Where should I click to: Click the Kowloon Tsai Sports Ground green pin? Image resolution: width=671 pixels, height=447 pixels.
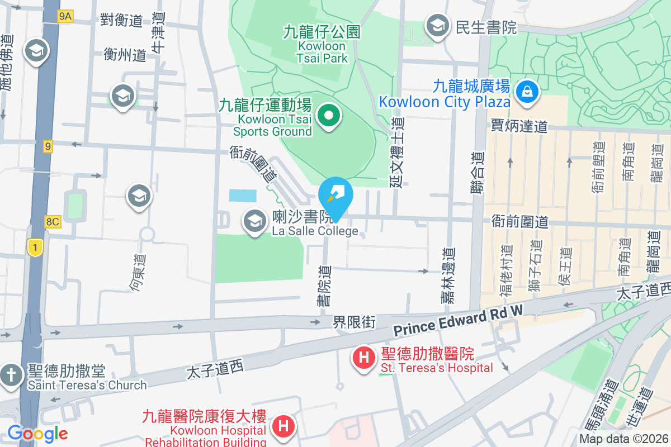[329, 116]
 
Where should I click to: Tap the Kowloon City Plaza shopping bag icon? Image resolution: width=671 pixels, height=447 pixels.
[527, 89]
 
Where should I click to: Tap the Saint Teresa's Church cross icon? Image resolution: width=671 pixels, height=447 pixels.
[11, 374]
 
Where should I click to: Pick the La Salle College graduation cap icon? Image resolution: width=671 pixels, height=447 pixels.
[254, 221]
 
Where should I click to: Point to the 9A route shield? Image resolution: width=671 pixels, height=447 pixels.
[65, 17]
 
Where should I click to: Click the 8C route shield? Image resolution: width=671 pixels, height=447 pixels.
[53, 222]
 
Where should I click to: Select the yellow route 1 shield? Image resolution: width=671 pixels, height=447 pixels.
[35, 247]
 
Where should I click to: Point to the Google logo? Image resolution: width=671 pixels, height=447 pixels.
[37, 433]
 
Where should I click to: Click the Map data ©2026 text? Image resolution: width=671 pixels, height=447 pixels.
[624, 439]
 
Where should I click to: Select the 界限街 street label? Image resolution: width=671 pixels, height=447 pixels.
[353, 322]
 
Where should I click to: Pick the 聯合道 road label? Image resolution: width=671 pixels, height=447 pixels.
[477, 173]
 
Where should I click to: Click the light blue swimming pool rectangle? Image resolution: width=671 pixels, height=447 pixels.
[243, 196]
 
